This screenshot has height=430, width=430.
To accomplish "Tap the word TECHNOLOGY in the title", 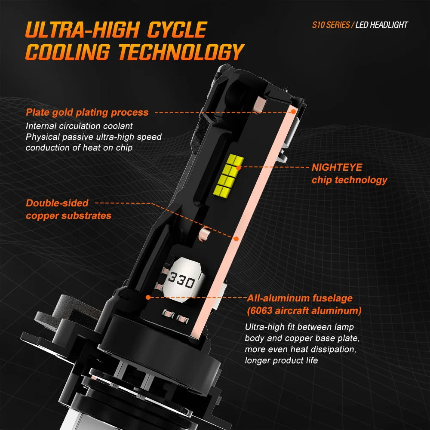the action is tap(181, 52).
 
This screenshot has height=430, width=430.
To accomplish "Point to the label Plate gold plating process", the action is tap(87, 112).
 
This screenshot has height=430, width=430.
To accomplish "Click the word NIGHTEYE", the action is tap(337, 167).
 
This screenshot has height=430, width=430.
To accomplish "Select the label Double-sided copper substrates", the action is tap(68, 209).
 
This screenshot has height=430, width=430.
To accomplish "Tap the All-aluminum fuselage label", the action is tap(300, 298).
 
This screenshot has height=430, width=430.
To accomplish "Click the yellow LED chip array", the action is tap(228, 175).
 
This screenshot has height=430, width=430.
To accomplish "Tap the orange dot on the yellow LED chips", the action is tap(238, 168).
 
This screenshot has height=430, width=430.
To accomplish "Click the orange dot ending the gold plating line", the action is tap(293, 111).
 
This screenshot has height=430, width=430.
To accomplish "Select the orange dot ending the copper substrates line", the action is tap(236, 239).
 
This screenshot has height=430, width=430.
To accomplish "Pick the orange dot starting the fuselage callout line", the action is tap(148, 297).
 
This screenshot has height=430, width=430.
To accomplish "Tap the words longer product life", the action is tap(281, 360).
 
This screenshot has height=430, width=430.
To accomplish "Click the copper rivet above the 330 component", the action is tap(205, 233).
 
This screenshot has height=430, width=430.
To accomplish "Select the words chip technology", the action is tap(349, 180).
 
